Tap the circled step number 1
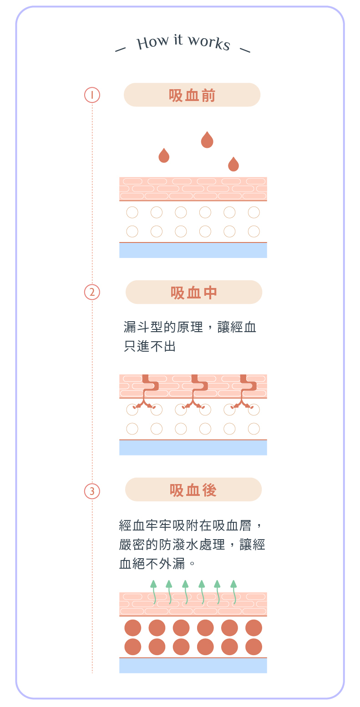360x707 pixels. click(x=92, y=95)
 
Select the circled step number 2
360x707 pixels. click(x=92, y=292)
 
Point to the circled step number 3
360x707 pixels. click(x=92, y=491)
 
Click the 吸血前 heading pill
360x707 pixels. click(x=192, y=95)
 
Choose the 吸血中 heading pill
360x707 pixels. click(x=193, y=292)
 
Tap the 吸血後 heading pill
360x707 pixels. click(x=193, y=490)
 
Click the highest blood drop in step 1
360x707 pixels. click(x=207, y=141)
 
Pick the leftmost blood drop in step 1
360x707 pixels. click(x=164, y=156)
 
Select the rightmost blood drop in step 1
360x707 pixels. click(x=233, y=165)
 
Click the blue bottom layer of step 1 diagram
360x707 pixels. click(x=193, y=250)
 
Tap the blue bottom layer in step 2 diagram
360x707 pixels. click(x=193, y=448)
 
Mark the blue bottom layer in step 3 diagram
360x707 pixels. click(x=193, y=666)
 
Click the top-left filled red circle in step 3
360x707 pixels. click(x=133, y=628)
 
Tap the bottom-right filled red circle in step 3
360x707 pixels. click(x=254, y=646)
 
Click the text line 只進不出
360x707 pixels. click(x=150, y=347)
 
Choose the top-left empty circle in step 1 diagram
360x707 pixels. click(x=132, y=212)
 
